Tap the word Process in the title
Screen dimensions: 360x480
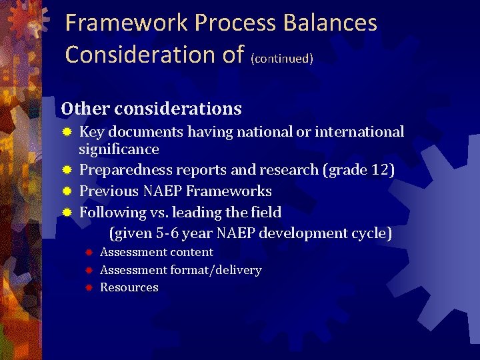tap(237, 23)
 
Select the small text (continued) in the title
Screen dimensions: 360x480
tap(282, 59)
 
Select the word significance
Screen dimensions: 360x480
tap(119, 149)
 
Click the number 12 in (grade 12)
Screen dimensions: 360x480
tap(379, 170)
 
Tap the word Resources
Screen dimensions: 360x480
tap(129, 287)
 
